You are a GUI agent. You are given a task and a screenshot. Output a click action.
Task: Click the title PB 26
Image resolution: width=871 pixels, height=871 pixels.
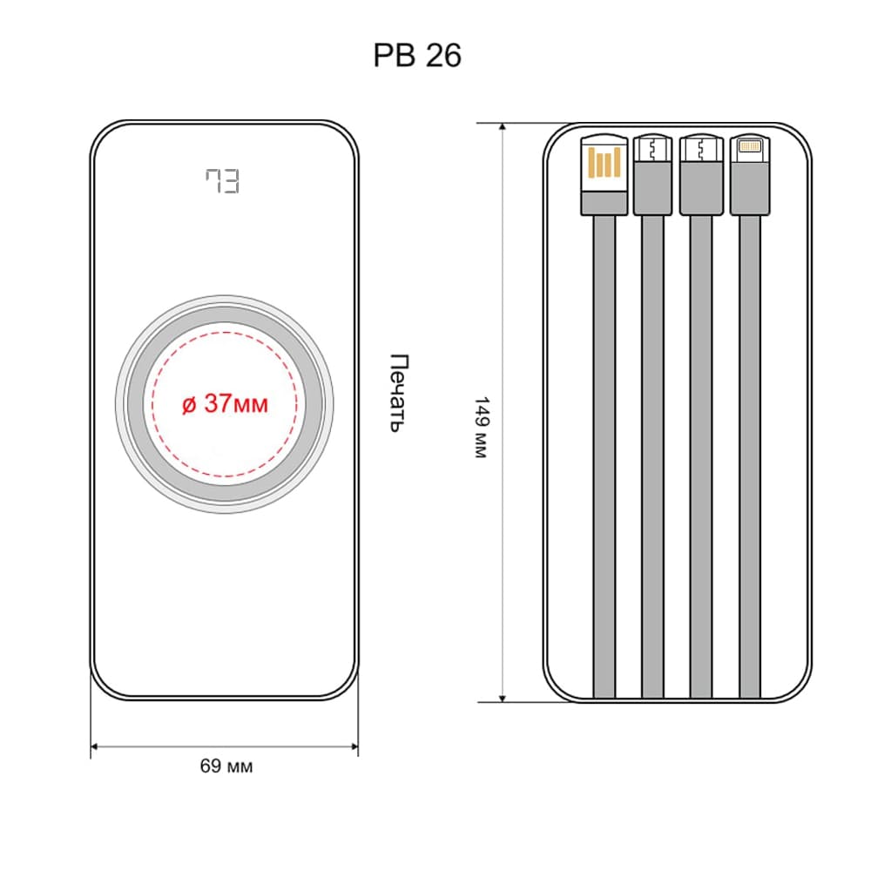pyautogui.click(x=417, y=56)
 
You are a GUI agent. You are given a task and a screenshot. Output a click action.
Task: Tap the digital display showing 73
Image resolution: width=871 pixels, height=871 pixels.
pyautogui.click(x=222, y=181)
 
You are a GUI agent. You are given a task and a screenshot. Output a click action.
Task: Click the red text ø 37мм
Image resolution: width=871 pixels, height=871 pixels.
pyautogui.click(x=225, y=403)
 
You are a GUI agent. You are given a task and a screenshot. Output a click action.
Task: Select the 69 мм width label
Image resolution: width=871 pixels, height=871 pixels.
pyautogui.click(x=226, y=766)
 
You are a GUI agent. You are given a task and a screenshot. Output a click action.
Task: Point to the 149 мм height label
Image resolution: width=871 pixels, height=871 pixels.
pyautogui.click(x=481, y=427)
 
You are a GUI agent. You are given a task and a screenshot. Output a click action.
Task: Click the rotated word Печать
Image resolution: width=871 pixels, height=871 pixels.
pyautogui.click(x=400, y=393)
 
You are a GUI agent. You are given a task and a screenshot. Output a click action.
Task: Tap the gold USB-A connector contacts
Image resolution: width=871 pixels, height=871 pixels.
pyautogui.click(x=604, y=162)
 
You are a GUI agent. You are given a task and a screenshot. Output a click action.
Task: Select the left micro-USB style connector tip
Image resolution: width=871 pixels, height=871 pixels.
pyautogui.click(x=652, y=148)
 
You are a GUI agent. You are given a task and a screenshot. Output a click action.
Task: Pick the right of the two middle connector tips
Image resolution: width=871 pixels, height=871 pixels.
pyautogui.click(x=701, y=148)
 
